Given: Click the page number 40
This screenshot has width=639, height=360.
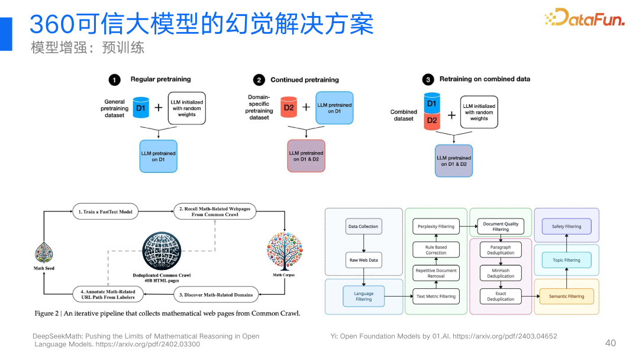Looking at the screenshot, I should click(611, 343).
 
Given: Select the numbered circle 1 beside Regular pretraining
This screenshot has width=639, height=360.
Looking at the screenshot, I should click(115, 79).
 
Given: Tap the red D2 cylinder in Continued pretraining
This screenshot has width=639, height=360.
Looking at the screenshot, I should click(289, 107).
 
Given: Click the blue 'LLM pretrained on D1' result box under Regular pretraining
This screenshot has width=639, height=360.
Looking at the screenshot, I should click(158, 156).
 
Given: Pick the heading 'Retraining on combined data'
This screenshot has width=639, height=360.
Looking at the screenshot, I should click(485, 79).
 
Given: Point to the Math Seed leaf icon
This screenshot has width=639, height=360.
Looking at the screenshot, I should click(44, 254).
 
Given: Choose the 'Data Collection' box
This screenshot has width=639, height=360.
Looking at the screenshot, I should click(363, 226).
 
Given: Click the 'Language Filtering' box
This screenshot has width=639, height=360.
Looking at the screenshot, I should click(363, 296).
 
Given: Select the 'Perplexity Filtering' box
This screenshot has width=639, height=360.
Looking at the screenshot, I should click(436, 226).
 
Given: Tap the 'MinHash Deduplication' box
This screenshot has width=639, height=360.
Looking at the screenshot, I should click(501, 273).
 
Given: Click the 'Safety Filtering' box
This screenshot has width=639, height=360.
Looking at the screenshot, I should click(566, 226).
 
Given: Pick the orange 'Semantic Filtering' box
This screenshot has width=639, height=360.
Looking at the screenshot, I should click(566, 296).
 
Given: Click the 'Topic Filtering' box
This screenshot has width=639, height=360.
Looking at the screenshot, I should click(566, 260).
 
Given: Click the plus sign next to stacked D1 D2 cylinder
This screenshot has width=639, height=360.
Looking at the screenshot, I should click(451, 115).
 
